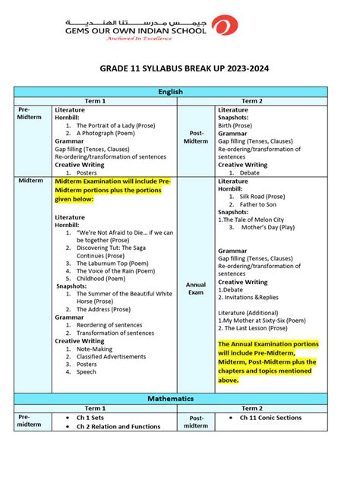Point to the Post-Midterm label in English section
[x=196, y=137]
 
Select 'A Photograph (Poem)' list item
[x=105, y=133]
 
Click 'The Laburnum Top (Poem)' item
[x=113, y=262]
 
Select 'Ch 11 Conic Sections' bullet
[x=271, y=418]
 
